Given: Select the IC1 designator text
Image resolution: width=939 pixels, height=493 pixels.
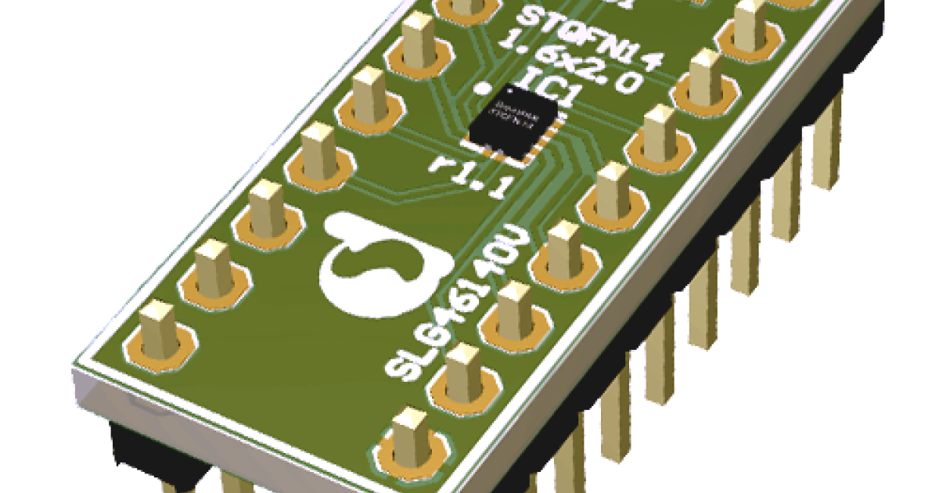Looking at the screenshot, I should [552, 88].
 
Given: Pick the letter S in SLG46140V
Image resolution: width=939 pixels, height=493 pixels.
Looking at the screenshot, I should [400, 369].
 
